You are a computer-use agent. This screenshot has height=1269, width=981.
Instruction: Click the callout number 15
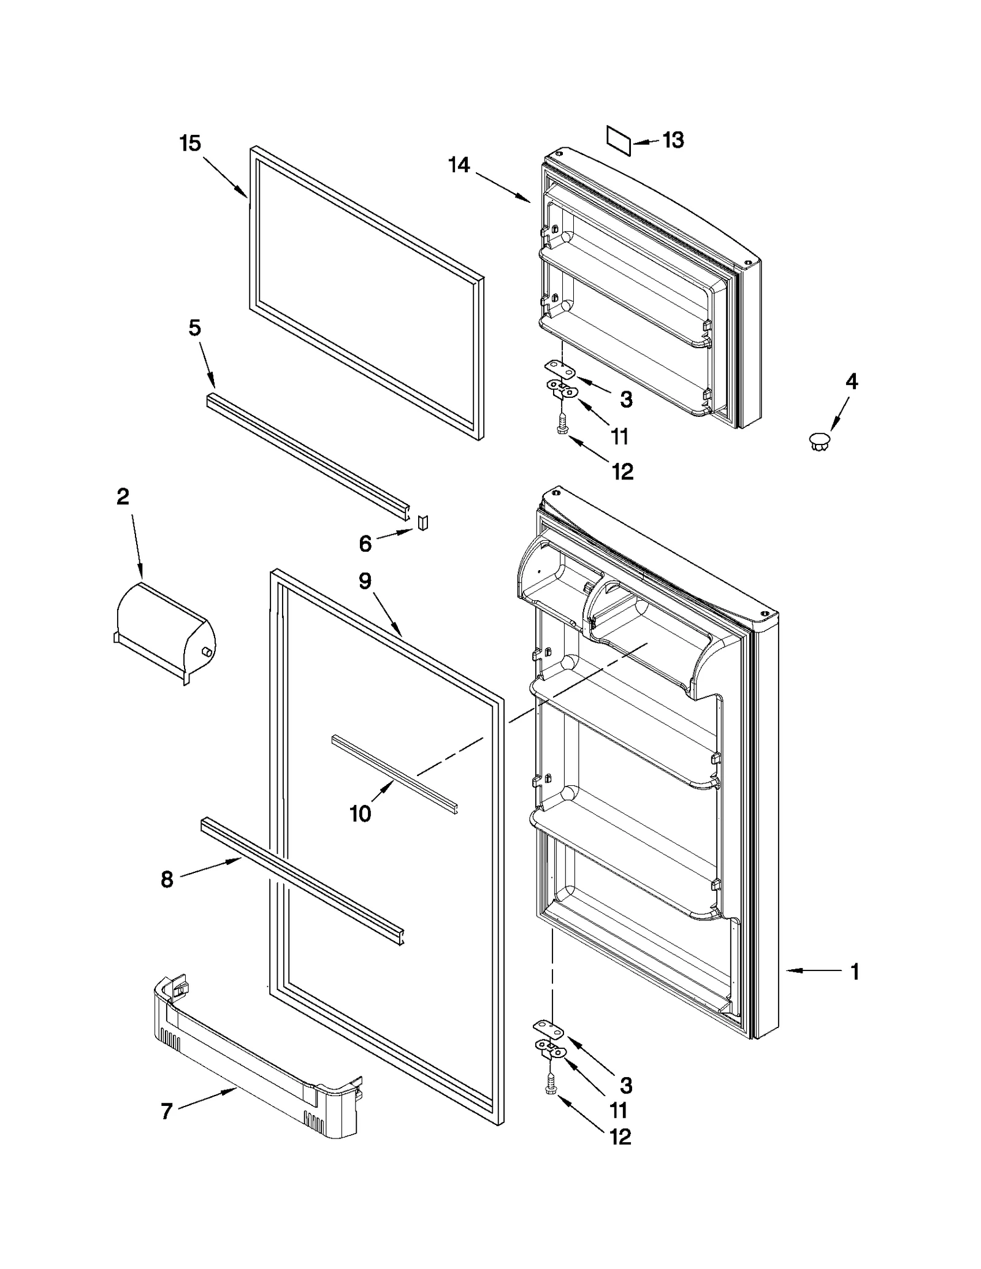(190, 143)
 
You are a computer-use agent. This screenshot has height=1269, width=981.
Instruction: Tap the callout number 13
(673, 140)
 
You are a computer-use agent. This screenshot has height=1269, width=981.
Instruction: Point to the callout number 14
(459, 164)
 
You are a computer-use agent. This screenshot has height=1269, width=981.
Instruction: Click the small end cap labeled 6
(422, 522)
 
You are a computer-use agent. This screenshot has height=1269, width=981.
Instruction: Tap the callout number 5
(194, 328)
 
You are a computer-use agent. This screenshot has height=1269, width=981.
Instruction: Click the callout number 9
(365, 580)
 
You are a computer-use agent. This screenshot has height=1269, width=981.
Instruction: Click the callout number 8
(167, 880)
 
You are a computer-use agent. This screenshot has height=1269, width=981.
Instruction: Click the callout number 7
(167, 1111)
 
